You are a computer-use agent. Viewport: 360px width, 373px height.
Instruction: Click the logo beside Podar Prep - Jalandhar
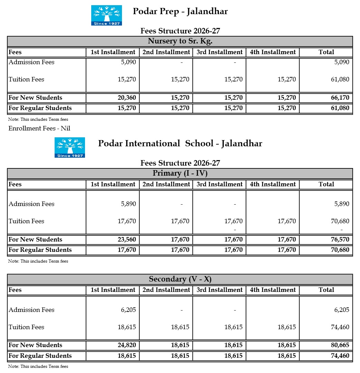pyautogui.click(x=106, y=15)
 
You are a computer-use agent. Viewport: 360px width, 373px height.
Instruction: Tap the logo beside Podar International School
pyautogui.click(x=69, y=147)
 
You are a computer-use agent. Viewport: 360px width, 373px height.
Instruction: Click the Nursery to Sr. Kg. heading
pyautogui.click(x=180, y=41)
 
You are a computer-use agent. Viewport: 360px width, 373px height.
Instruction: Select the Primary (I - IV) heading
pyautogui.click(x=180, y=173)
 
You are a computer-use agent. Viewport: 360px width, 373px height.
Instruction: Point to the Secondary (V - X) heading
pyautogui.click(x=180, y=279)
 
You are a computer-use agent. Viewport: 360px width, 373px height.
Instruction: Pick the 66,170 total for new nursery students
pyautogui.click(x=340, y=98)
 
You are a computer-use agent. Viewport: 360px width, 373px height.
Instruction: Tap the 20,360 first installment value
pyautogui.click(x=127, y=98)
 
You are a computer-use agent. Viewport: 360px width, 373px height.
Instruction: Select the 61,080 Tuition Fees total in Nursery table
pyautogui.click(x=340, y=79)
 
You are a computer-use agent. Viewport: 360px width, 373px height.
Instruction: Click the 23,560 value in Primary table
pyautogui.click(x=127, y=239)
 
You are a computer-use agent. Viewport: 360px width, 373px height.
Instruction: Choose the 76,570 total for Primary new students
pyautogui.click(x=340, y=239)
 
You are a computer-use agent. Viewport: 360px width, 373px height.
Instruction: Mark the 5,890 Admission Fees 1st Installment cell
pyautogui.click(x=128, y=204)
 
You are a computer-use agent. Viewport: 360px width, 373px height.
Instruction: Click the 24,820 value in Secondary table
pyautogui.click(x=127, y=345)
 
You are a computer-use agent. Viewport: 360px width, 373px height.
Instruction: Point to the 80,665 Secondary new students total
pyautogui.click(x=340, y=345)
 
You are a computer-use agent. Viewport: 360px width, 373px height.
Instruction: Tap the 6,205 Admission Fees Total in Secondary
pyautogui.click(x=341, y=310)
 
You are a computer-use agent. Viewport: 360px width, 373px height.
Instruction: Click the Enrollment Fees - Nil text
pyautogui.click(x=39, y=128)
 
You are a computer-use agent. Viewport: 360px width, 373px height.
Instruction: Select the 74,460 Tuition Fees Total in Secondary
pyautogui.click(x=340, y=327)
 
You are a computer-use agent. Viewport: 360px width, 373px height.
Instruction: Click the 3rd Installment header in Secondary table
pyautogui.click(x=219, y=290)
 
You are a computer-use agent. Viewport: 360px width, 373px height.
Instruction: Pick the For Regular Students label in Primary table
pyautogui.click(x=40, y=250)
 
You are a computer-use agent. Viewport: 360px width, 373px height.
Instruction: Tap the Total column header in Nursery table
pyautogui.click(x=326, y=52)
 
